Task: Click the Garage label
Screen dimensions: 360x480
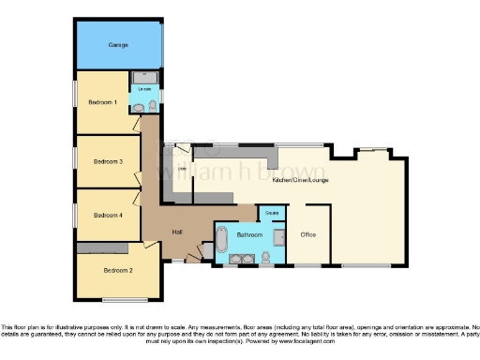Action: coord(117,44)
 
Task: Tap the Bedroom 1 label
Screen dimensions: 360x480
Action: coord(103,102)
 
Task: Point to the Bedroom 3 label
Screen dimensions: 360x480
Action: coord(108,161)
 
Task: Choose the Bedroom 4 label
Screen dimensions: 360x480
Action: coord(108,215)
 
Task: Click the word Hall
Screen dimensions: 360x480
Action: coord(176,232)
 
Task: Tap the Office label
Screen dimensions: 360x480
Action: coord(307,233)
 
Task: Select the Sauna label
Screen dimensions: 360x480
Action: coord(271,215)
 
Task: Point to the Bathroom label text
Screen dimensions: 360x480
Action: coord(249,233)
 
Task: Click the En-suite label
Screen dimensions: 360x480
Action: coord(145,89)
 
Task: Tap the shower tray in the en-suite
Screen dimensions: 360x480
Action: coord(146,76)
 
